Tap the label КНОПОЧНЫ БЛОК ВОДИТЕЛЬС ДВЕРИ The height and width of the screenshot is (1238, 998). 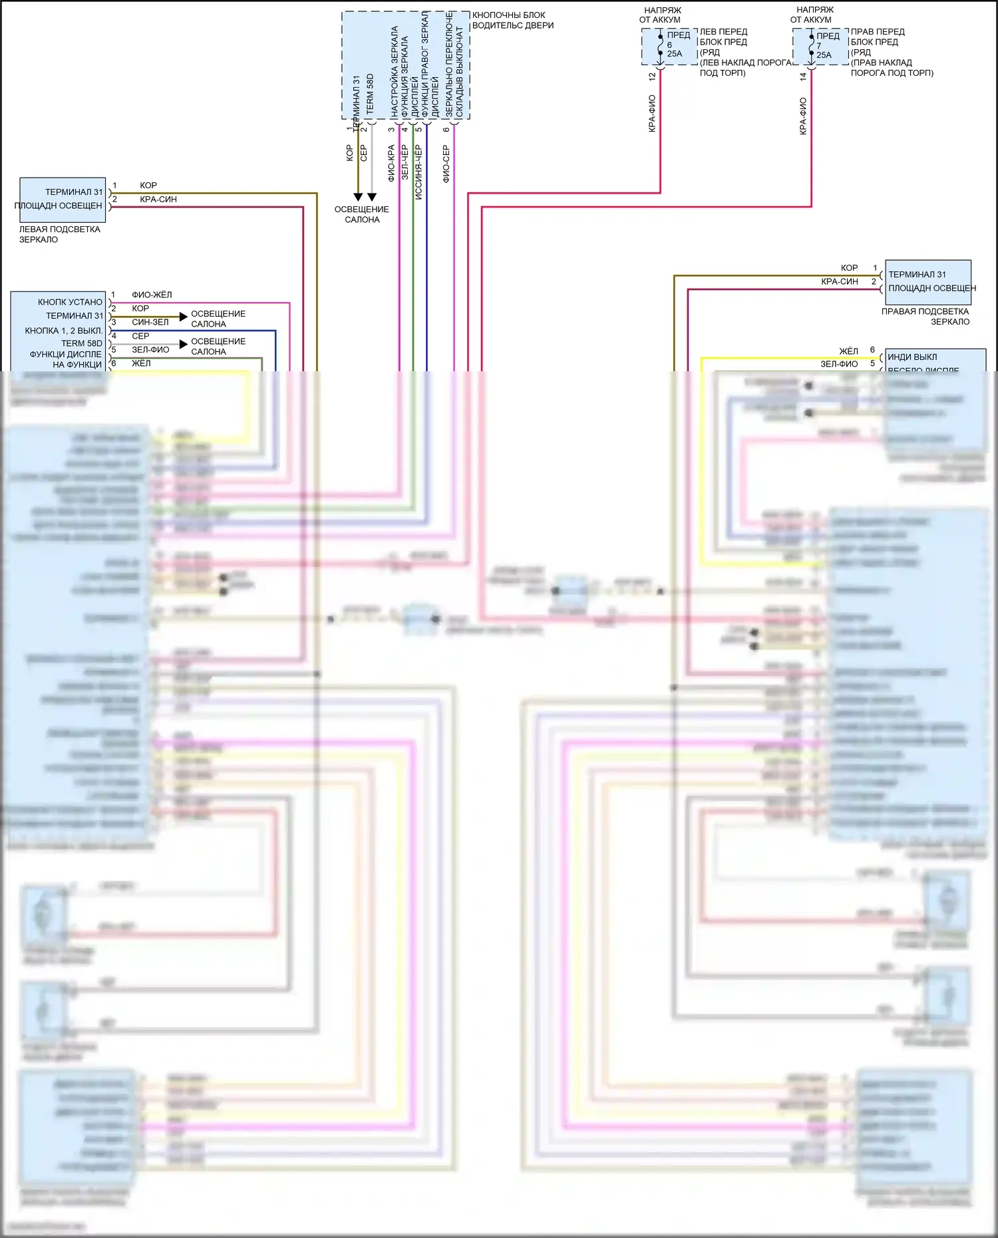[x=512, y=20]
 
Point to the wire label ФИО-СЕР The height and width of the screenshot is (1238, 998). [x=446, y=164]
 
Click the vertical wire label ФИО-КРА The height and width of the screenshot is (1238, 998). [x=391, y=164]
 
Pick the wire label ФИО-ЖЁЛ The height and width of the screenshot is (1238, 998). [x=152, y=295]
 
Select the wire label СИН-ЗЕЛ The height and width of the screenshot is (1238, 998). [x=150, y=322]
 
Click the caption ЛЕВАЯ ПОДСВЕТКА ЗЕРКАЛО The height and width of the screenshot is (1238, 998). [x=59, y=234]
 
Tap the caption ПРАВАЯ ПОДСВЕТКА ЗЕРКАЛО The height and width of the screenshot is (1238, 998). [x=925, y=317]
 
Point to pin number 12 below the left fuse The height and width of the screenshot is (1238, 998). [x=652, y=77]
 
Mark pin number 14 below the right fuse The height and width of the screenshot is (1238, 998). [x=803, y=77]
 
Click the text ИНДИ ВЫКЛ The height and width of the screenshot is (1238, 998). [x=912, y=357]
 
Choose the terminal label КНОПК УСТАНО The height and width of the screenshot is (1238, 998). [x=70, y=302]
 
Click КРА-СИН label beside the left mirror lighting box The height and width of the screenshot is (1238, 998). [x=158, y=200]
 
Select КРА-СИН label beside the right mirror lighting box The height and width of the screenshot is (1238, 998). [x=840, y=282]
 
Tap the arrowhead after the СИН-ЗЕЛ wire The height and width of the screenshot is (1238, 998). [x=184, y=317]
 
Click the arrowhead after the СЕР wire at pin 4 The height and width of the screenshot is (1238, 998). [x=184, y=345]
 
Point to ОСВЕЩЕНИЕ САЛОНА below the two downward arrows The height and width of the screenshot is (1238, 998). [x=362, y=214]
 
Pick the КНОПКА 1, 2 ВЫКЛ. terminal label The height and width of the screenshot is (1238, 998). [x=64, y=331]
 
